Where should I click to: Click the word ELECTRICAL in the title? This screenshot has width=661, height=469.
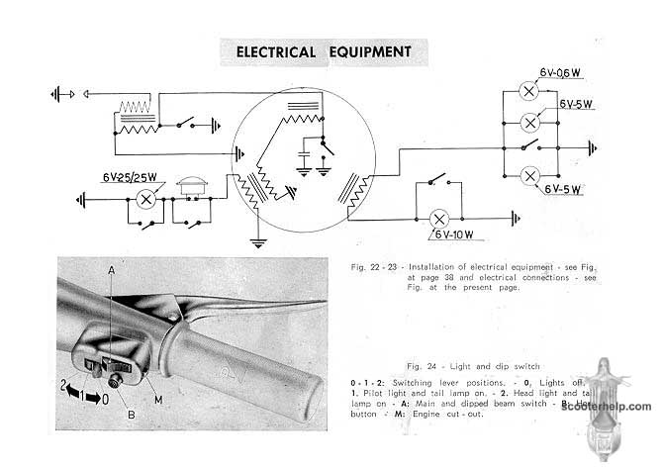click(269, 51)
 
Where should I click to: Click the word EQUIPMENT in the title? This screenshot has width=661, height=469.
click(369, 51)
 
